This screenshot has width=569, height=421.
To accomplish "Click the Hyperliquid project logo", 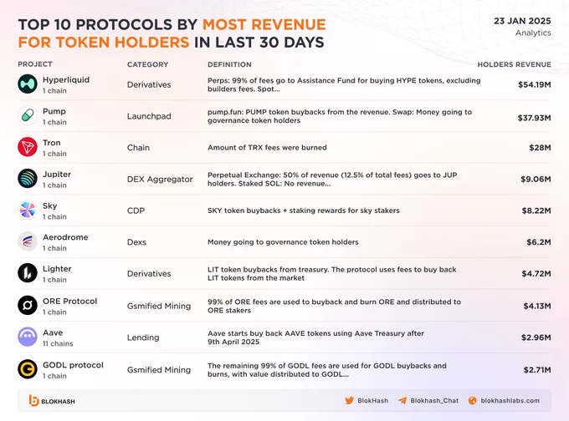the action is [28, 84].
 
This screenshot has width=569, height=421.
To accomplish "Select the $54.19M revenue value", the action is [534, 84].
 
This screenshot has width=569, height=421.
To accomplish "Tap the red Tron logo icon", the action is [28, 147].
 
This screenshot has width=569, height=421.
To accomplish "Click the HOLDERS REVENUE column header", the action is [514, 64].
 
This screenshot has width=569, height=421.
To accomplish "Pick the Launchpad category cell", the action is [149, 116].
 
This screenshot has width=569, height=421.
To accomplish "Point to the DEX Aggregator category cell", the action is [160, 180].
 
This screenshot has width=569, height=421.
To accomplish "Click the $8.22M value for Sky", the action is [536, 210].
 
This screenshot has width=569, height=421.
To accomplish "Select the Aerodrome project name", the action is [65, 237].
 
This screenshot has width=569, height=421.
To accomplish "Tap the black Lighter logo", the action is [28, 273].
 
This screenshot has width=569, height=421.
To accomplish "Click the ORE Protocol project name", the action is [69, 301].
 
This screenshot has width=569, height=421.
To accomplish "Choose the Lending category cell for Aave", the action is [143, 337].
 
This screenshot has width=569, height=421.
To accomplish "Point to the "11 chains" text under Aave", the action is [58, 343].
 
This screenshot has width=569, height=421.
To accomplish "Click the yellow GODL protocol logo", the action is [28, 369].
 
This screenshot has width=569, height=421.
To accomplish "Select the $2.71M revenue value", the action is [537, 370].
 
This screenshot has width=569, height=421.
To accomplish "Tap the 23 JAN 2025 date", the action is [522, 21].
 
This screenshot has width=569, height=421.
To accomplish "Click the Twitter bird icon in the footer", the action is [349, 400].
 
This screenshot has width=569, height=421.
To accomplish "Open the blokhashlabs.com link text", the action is [510, 401].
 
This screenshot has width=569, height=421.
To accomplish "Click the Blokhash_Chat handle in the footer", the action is [434, 401].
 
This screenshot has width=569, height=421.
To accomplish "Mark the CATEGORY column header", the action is [148, 64].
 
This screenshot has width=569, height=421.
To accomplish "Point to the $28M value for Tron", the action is [540, 148].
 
